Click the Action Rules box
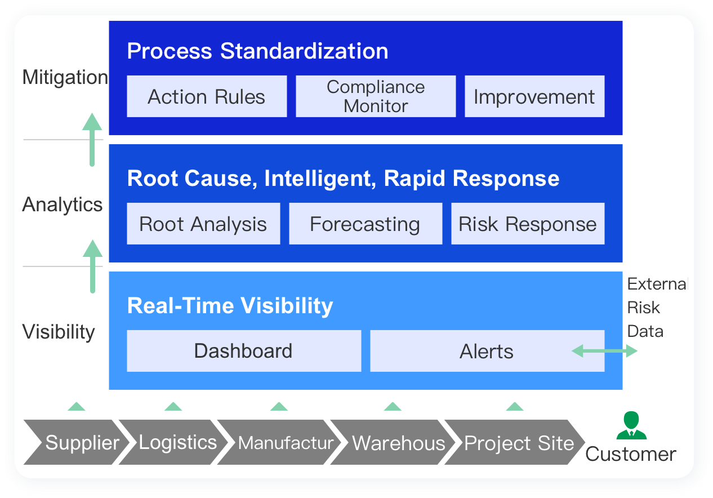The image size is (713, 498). (207, 96)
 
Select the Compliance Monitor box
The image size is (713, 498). (376, 96)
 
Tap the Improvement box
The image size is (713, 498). (534, 96)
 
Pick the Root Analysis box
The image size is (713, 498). (203, 224)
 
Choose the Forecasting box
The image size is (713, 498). (366, 224)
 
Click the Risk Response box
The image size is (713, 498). (528, 224)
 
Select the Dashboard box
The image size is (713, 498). (244, 350)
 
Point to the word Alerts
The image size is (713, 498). (487, 352)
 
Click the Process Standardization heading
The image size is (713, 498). (257, 51)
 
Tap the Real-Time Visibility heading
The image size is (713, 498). (230, 306)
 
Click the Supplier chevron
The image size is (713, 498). (77, 442)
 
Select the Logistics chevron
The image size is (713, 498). (173, 442)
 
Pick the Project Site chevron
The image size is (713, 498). (515, 442)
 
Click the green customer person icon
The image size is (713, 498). (631, 425)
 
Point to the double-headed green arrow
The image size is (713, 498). (604, 351)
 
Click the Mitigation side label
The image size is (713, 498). (65, 77)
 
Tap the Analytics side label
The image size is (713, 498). (63, 204)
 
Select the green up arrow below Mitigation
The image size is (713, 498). (92, 140)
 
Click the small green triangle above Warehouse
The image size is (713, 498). (393, 406)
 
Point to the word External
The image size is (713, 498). (657, 284)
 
